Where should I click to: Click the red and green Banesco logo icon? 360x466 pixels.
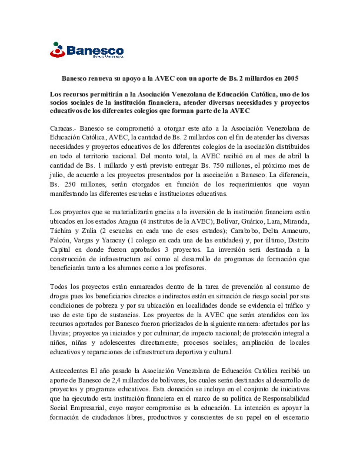pos(57,50)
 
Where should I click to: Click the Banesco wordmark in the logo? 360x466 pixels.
pos(95,51)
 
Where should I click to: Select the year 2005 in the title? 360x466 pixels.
pos(291,79)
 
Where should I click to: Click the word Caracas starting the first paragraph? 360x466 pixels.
pos(61,128)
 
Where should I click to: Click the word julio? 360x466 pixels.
pos(57,175)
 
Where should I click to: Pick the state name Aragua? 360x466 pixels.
pos(128,221)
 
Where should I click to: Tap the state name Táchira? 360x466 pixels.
pos(60,231)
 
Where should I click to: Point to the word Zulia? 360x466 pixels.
pos(89,231)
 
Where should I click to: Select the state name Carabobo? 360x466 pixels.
pos(244,231)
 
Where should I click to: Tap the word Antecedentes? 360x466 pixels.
pos(69,371)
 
